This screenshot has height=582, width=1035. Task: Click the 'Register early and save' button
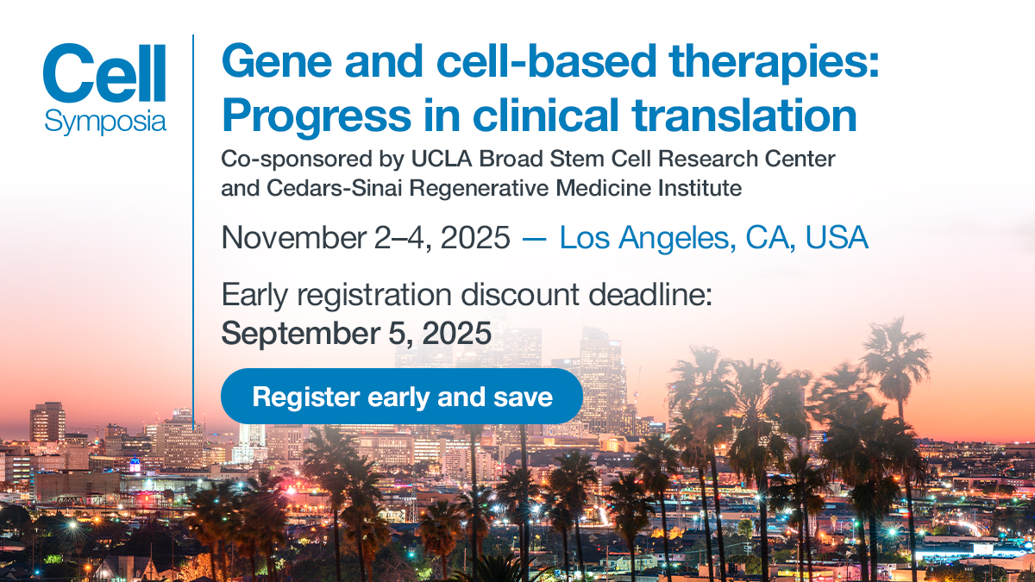click(x=402, y=397)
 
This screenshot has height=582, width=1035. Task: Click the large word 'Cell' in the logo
click(x=104, y=73)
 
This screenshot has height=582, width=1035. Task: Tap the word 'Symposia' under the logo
click(x=105, y=122)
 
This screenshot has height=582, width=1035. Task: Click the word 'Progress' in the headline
click(x=317, y=116)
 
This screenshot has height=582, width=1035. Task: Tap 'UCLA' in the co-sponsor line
click(x=442, y=159)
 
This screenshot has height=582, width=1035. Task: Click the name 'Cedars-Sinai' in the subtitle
click(x=334, y=188)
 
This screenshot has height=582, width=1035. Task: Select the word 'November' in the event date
click(x=293, y=237)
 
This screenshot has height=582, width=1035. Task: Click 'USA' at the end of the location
click(x=837, y=237)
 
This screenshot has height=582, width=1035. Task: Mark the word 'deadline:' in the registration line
click(x=650, y=294)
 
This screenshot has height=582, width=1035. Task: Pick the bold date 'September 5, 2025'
click(x=356, y=333)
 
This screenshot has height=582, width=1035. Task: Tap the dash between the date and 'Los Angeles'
click(x=534, y=239)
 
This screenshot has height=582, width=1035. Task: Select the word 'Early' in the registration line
click(x=254, y=296)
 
